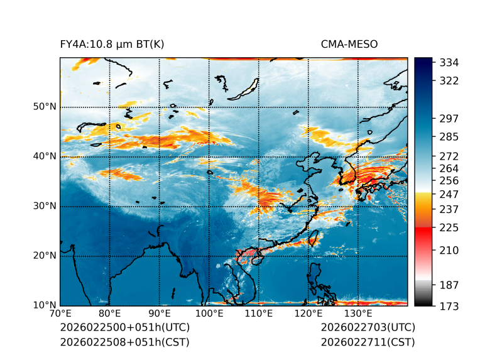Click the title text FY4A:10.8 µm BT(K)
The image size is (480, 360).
(x=112, y=44)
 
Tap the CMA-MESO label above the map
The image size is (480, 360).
(x=349, y=44)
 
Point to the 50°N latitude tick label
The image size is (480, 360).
(x=45, y=107)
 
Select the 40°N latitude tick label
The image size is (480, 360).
(x=45, y=156)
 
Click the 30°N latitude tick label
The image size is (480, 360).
(x=45, y=206)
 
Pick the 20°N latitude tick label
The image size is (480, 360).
(x=45, y=256)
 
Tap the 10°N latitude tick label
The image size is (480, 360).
(x=45, y=305)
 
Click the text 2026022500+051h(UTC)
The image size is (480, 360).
(x=124, y=328)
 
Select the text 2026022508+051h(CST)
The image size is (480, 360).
(x=124, y=342)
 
